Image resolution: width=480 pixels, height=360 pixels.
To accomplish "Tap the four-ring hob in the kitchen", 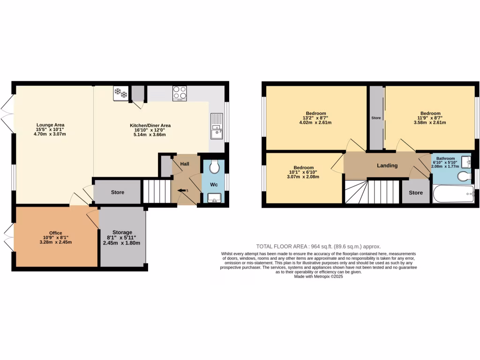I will point(180,93).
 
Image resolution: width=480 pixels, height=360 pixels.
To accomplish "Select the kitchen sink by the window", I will point(217,126).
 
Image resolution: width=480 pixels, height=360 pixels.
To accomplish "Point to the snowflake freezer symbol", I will point(120,93).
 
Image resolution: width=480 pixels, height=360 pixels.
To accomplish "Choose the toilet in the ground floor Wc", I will point(215,167).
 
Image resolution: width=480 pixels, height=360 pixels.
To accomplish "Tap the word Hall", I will point(184,164).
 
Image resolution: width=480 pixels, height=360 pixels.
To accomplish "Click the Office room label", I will point(56,233).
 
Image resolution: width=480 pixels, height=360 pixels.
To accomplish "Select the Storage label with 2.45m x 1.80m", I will point(122,232).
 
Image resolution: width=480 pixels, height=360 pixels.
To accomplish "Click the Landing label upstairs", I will point(387,165).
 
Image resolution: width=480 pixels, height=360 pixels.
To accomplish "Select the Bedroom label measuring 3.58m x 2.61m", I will point(430,113).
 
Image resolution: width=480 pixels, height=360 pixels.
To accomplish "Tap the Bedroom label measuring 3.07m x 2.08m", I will point(303,168).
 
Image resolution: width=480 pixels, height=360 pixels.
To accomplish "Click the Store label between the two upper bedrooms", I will point(376,118).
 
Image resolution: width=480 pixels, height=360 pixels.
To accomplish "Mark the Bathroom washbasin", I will point(465,162).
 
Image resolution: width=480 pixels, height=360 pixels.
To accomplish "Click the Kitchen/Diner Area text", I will point(150,125).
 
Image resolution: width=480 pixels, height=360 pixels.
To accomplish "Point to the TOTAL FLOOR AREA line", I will point(318,247).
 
